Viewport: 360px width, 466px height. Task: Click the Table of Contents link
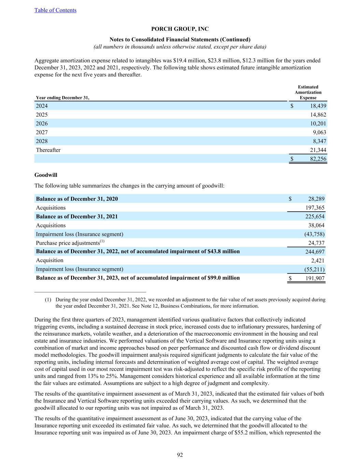pos(55,10)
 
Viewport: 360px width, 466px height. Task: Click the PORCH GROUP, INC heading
pos(180,29)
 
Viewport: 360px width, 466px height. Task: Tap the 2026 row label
pos(42,124)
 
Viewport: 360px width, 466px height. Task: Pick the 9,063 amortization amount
pos(319,132)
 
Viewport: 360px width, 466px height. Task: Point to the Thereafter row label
pos(48,150)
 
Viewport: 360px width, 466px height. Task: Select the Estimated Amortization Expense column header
pos(308,92)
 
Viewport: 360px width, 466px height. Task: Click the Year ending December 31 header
pos(62,98)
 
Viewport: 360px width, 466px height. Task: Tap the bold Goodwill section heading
pos(46,175)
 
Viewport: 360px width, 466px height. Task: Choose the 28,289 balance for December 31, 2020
pos(316,199)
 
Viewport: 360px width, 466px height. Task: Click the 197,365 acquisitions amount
pos(315,208)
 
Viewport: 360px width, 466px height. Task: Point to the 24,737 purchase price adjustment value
pos(316,243)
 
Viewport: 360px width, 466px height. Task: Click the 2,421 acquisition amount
pos(318,260)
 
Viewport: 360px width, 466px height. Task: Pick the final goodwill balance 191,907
pos(315,278)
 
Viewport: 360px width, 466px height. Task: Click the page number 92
pos(180,455)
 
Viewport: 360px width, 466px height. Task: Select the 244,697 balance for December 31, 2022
pos(315,252)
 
